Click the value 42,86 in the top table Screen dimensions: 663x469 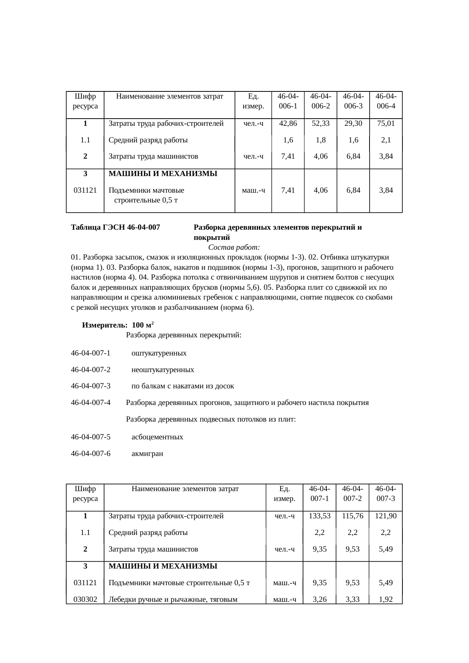coord(288,123)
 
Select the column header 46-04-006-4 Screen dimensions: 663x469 coord(386,101)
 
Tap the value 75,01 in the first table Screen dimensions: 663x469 coord(386,123)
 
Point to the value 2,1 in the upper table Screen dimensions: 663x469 coord(386,140)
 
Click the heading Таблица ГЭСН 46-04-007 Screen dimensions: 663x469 coord(115,227)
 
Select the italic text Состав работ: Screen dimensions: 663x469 coord(234,247)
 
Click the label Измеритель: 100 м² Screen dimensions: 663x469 coord(118,325)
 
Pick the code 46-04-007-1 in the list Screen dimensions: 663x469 coord(90,353)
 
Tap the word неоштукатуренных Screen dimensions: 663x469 coord(163,369)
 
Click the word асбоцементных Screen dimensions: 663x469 coord(157,437)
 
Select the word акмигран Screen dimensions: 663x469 coord(147,453)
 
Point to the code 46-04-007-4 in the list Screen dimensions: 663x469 coord(90,403)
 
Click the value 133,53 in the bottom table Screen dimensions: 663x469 coord(320,516)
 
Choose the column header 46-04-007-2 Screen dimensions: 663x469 coord(353,493)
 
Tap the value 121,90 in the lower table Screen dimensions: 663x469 coord(385,516)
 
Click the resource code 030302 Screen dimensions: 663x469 coord(85,599)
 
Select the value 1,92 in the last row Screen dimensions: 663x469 coord(385,599)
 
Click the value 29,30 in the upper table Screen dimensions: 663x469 coord(353,123)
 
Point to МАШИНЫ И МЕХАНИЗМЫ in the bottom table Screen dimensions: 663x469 coord(163,566)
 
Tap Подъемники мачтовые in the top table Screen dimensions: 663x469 coord(146,190)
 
